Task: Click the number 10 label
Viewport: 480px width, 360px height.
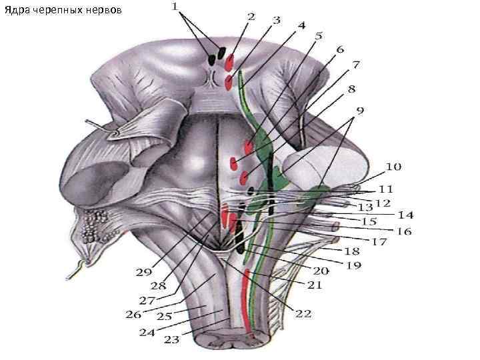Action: pos(393,166)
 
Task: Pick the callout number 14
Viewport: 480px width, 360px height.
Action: pos(406,215)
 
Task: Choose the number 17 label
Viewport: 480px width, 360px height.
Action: pos(379,242)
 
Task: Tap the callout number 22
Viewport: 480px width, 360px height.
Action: pos(303,313)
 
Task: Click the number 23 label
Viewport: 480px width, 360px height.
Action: pos(171,339)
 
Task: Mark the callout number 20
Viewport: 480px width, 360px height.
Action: pos(321,271)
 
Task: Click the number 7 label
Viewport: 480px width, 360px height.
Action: pos(357,65)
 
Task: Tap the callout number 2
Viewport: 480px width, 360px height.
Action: pos(251,15)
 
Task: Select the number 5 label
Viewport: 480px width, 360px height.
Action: pos(319,35)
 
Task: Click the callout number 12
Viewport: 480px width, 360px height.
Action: pos(382,203)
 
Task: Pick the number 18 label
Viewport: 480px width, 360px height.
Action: pos(351,253)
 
